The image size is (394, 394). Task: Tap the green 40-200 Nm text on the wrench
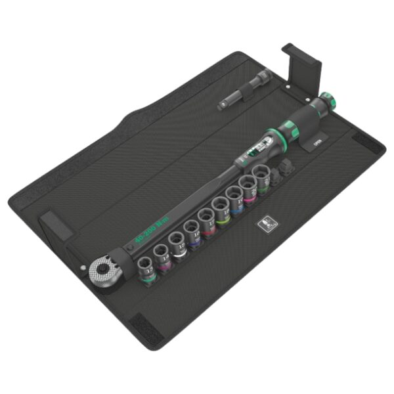coord(152,226)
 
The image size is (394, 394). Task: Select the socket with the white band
coord(178,242)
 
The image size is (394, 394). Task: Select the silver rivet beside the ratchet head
coord(83,268)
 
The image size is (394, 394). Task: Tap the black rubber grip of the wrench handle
coord(299,121)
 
